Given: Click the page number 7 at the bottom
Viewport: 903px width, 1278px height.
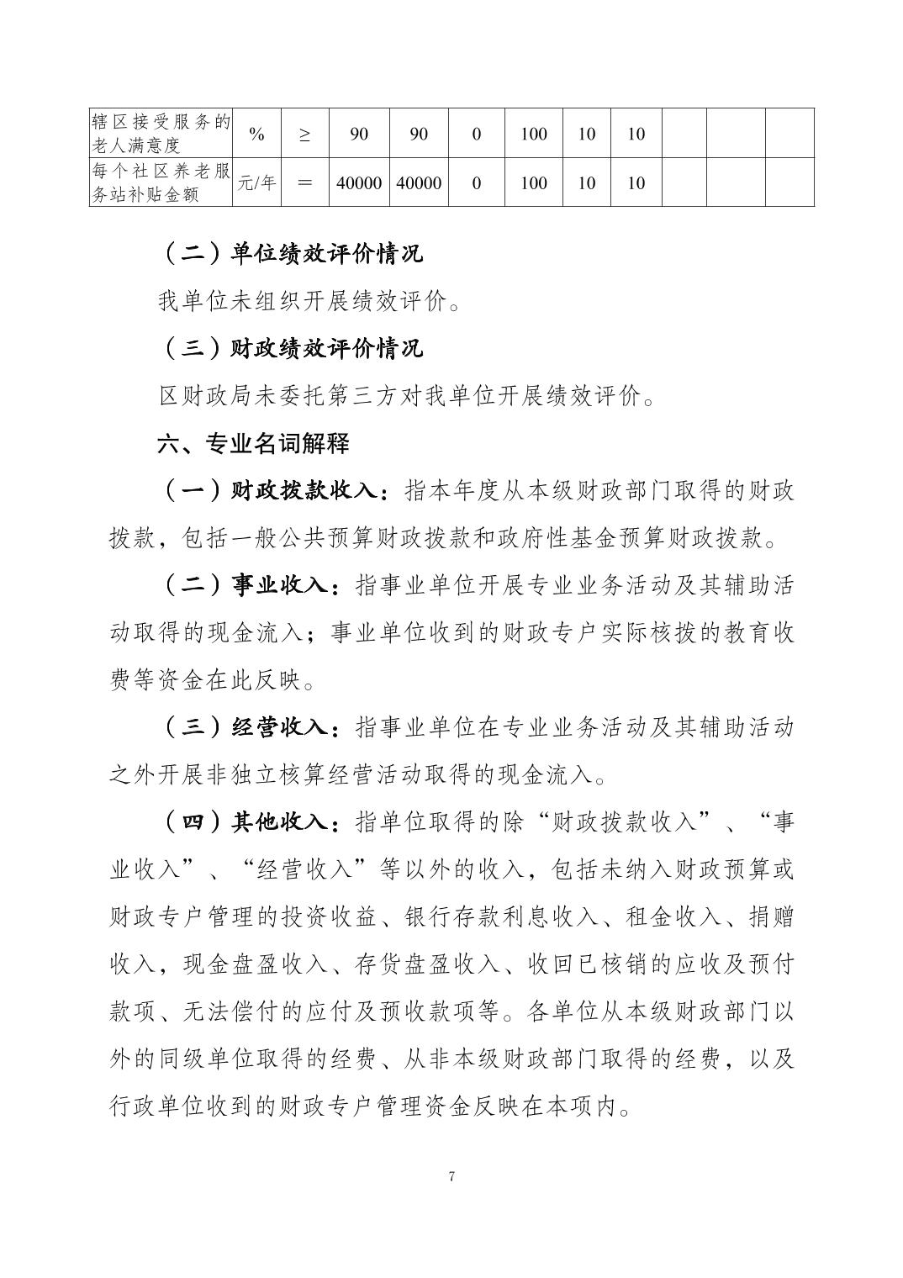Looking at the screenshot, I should [x=451, y=1176].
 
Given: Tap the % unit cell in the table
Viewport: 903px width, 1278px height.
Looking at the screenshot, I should [x=256, y=134].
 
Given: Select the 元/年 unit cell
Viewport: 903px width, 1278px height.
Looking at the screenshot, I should [x=256, y=182].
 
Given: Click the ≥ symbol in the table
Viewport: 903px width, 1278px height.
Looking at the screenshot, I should [x=304, y=134].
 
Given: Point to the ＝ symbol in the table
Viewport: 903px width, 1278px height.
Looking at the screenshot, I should [x=304, y=182].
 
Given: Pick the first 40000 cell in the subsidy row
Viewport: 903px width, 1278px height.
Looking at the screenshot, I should [x=359, y=182].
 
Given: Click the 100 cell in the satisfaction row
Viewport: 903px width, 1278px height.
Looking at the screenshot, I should [x=534, y=134].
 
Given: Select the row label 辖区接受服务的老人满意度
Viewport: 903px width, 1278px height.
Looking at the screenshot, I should [x=161, y=134].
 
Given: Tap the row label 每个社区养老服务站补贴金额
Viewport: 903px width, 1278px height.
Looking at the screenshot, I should [x=161, y=182].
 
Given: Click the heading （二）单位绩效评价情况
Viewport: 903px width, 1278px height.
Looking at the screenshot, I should [x=290, y=253].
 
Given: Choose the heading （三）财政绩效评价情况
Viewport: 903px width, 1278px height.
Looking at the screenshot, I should [x=290, y=348].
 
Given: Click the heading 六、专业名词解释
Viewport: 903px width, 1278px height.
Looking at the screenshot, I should [x=253, y=443].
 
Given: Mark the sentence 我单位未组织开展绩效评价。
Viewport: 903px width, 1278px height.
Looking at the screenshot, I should [x=309, y=301].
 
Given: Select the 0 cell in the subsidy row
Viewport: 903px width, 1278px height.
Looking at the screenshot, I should [x=477, y=182].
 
